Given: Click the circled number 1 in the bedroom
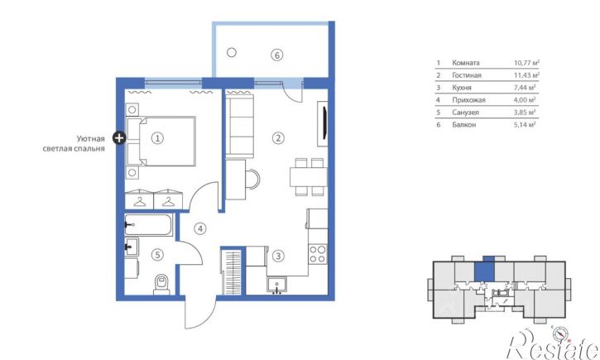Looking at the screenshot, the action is tap(157, 138).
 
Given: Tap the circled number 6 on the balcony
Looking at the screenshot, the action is tap(277, 55).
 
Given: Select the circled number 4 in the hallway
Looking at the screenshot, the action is tap(199, 228).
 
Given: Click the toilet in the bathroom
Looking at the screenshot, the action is tap(161, 284).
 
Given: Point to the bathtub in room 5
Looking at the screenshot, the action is tap(148, 225).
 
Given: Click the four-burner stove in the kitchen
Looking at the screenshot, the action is tap(318, 254).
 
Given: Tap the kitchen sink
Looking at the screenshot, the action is tap(277, 285).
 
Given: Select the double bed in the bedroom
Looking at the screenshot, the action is tap(161, 142).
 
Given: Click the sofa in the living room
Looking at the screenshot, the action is tap(240, 126).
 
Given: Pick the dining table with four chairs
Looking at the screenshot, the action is tap(309, 177).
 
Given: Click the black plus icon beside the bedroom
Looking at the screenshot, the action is tap(119, 137).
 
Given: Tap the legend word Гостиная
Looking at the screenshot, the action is tap(467, 75).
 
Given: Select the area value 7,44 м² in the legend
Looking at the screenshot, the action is tap(524, 88).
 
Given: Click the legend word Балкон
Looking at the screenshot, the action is tap(463, 125).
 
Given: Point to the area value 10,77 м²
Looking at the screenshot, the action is tap(526, 63).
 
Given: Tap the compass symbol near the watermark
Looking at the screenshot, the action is tap(559, 334).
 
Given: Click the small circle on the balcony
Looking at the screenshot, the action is tap(232, 52).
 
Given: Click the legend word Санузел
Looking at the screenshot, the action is tap(465, 113).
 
